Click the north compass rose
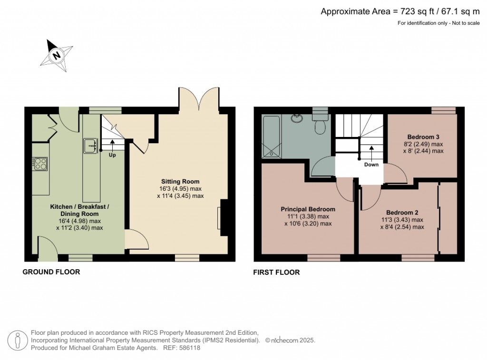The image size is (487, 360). click(x=57, y=55)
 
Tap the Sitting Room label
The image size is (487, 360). click(x=180, y=182)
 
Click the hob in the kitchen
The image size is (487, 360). click(x=40, y=164)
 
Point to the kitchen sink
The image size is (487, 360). click(x=90, y=146)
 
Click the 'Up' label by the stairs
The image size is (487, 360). click(x=112, y=155)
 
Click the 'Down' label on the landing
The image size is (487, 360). click(x=371, y=165)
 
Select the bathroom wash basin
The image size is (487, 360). click(x=298, y=117)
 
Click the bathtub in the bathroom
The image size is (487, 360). click(x=272, y=136)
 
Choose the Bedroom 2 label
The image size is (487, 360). click(x=402, y=213)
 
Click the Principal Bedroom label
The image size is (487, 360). click(x=308, y=209)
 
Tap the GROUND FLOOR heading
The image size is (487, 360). click(x=51, y=272)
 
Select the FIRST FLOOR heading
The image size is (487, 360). click(x=277, y=272)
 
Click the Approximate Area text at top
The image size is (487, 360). click(x=400, y=12)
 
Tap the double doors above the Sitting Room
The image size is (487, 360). click(x=199, y=99)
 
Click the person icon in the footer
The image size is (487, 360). click(x=18, y=340)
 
